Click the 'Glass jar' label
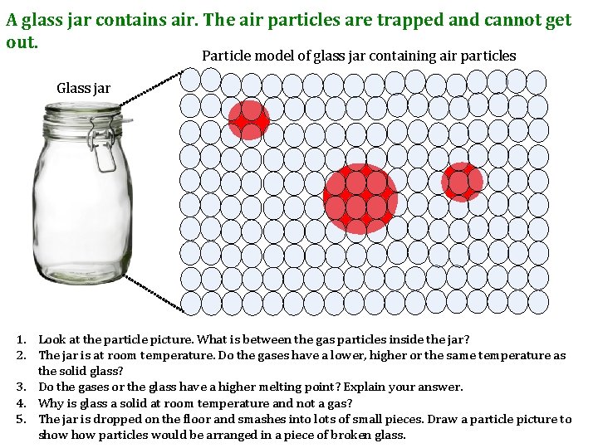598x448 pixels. pos(83,88)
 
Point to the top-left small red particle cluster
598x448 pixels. pos(249,120)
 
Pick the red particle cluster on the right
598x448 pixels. pos(462,182)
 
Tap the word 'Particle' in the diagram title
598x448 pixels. pos(226,56)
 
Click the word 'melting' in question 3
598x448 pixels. pos(277,387)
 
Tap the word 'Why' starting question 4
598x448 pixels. pos(51,403)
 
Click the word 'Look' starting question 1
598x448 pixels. pos(52,340)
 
